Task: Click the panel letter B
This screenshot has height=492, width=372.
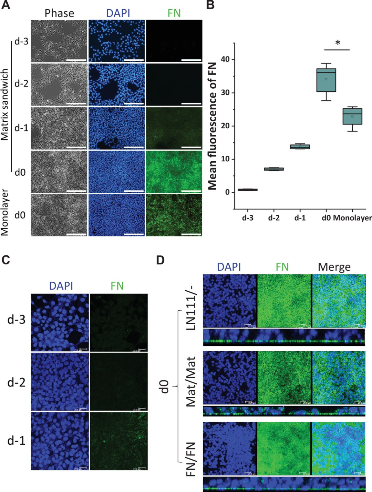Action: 210,6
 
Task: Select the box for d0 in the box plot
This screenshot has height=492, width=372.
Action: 326,80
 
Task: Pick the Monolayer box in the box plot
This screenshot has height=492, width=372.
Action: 352,117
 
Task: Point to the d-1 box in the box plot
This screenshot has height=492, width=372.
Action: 300,147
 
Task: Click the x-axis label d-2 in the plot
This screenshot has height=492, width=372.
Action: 274,218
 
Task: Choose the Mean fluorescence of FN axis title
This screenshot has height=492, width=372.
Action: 212,126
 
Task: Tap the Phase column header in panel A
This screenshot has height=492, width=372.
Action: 59,13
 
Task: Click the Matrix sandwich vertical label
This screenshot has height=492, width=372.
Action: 4,104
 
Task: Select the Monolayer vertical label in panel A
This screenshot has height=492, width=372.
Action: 4,212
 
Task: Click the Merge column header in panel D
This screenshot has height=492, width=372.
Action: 334,267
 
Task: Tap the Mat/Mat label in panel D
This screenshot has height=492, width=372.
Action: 190,381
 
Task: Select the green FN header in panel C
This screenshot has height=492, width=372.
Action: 117,286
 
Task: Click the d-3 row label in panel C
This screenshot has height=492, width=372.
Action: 17,320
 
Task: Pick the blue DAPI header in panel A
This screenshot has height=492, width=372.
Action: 118,13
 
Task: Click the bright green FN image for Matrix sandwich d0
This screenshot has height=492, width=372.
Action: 174,172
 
